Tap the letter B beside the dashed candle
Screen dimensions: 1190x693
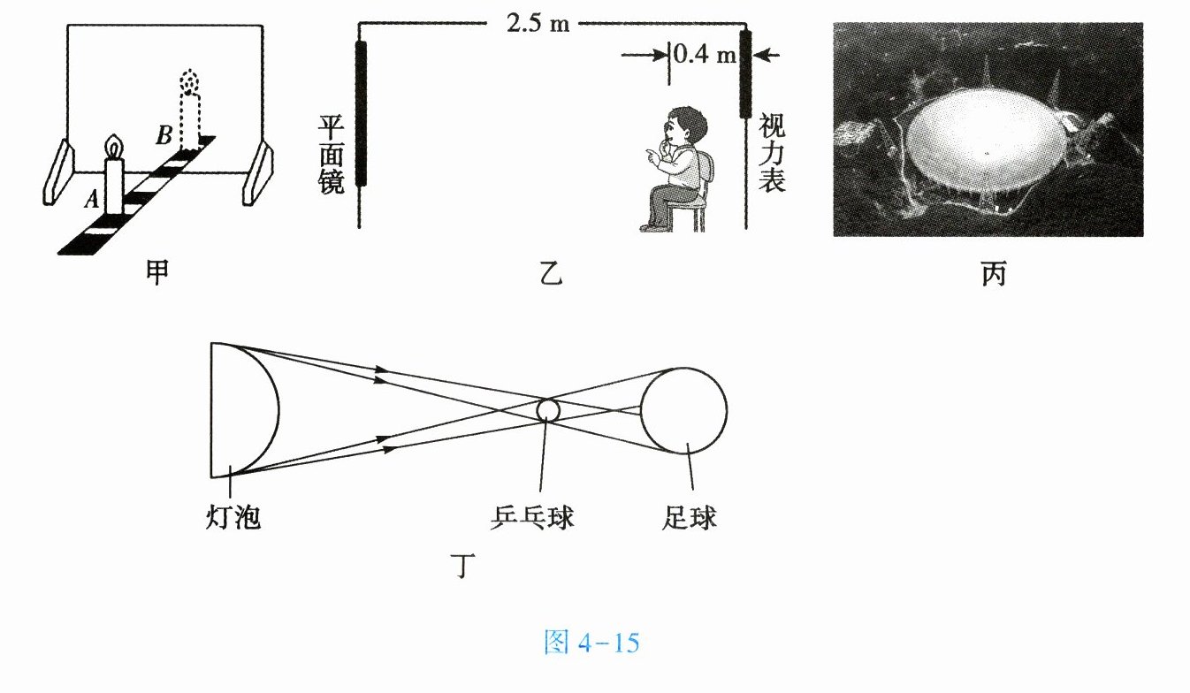click(x=164, y=136)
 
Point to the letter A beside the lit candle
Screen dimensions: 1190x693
click(x=91, y=201)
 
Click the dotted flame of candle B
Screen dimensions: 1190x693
click(x=187, y=82)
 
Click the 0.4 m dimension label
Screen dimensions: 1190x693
click(x=705, y=55)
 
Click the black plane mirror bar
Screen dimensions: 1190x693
click(x=360, y=113)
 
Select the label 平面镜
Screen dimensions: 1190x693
click(x=331, y=154)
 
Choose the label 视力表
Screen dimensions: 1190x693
click(x=772, y=154)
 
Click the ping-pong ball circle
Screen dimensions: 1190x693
click(x=548, y=410)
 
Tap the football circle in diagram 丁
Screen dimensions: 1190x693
click(x=683, y=410)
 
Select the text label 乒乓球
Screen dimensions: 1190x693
click(x=530, y=517)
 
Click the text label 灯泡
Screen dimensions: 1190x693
click(x=232, y=517)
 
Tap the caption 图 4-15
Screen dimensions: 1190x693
click(x=591, y=643)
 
